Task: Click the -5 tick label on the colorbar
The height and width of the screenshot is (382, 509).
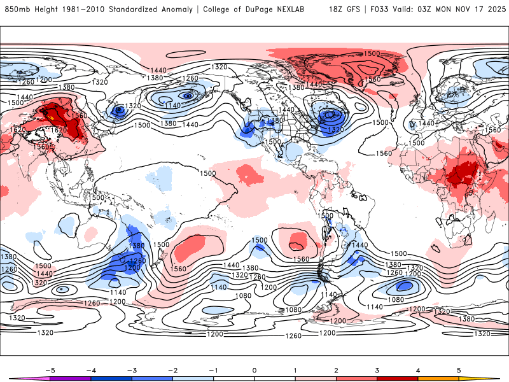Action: pos(49,370)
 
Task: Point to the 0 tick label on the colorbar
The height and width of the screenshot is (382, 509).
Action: pos(254,370)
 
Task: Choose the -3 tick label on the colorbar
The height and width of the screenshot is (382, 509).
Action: pos(132,370)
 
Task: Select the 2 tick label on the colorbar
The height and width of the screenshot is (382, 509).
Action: pos(337,370)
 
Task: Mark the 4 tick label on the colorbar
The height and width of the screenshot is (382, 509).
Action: pos(419,370)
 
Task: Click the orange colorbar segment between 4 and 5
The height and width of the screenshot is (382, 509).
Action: pos(439,378)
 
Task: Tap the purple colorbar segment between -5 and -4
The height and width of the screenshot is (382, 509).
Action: pos(70,378)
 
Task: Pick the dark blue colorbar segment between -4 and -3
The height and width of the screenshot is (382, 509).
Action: pos(111,378)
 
